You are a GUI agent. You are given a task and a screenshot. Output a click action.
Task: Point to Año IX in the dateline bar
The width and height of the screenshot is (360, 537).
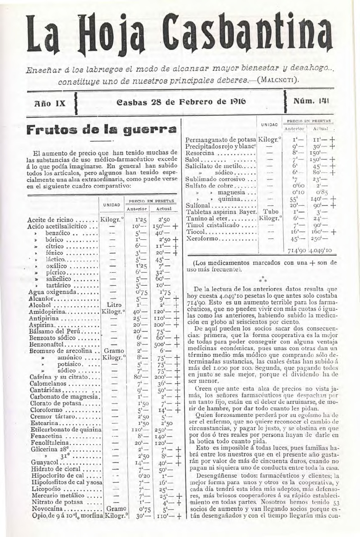click(x=51, y=103)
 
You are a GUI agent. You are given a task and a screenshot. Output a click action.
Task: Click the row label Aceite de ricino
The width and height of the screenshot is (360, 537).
click(x=50, y=220)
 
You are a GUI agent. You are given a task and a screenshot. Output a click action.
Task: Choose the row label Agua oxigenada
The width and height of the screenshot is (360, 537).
click(x=50, y=292)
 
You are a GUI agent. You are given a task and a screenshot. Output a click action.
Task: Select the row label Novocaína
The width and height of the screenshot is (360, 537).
click(x=47, y=508)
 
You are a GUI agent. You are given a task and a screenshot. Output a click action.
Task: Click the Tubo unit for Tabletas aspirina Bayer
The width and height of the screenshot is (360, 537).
click(x=270, y=212)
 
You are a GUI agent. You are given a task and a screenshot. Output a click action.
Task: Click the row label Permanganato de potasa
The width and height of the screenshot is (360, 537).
click(x=221, y=140)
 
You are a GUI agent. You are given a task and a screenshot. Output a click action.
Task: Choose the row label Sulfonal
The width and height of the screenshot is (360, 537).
click(x=198, y=206)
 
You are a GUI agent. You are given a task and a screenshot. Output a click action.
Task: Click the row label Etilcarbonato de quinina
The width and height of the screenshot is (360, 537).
click(x=66, y=430)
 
